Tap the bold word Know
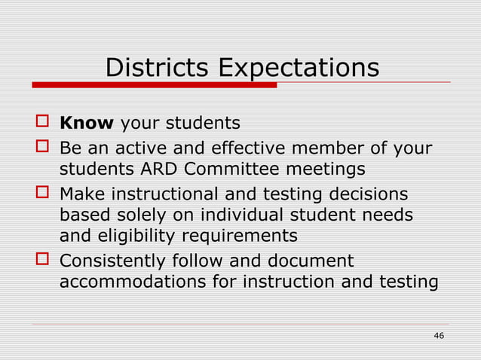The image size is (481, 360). tap(86, 122)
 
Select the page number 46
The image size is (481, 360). tap(438, 335)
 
